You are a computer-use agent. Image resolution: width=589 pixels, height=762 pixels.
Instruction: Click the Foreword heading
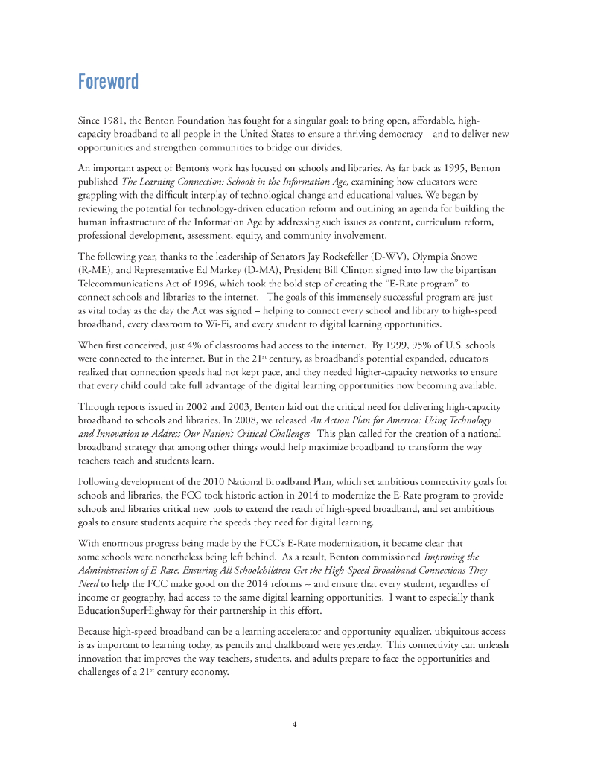click(x=108, y=81)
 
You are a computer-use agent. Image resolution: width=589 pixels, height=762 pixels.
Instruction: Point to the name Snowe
click(x=462, y=257)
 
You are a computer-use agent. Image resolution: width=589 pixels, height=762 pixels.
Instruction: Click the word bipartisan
click(x=465, y=270)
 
